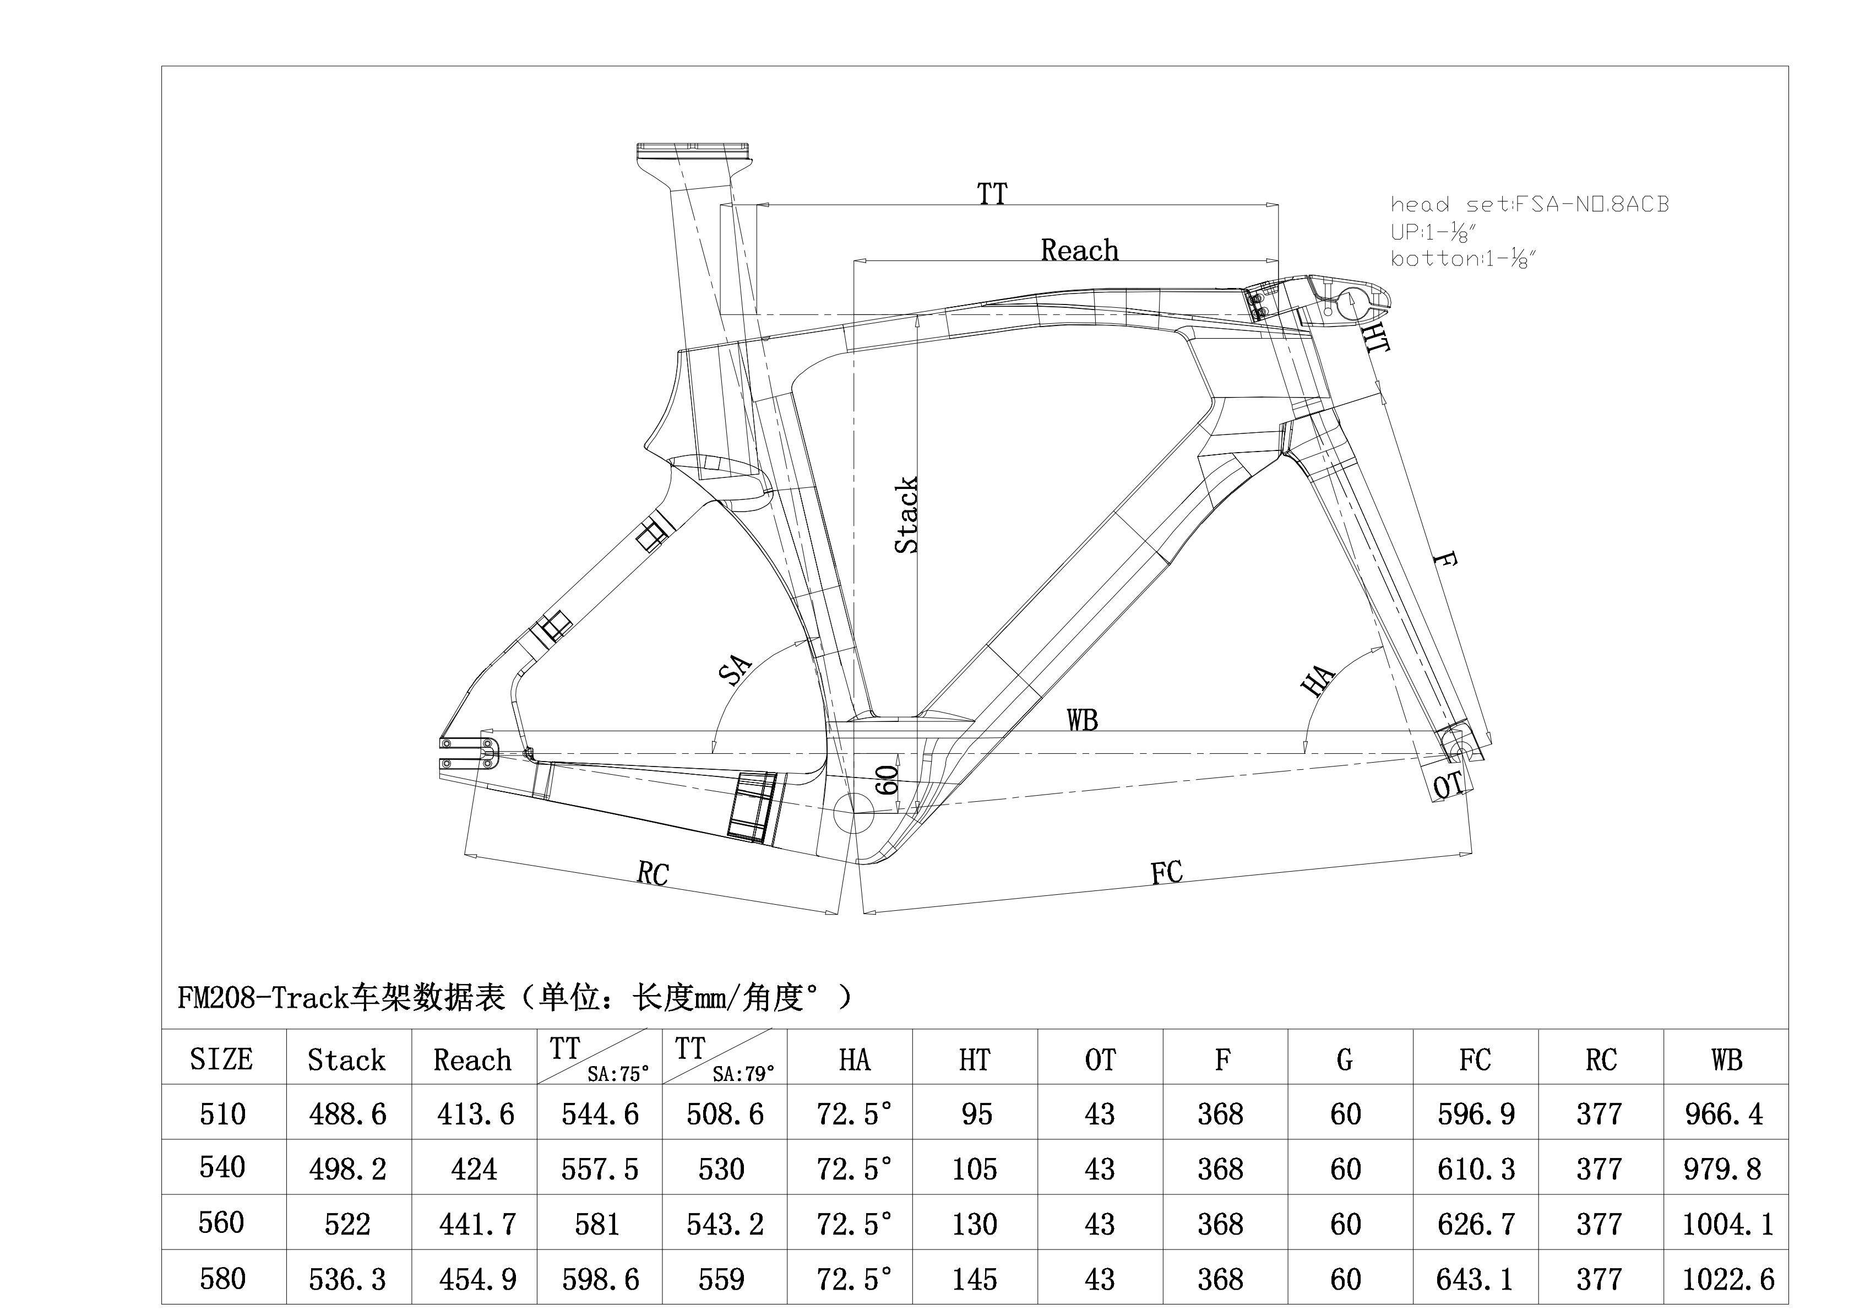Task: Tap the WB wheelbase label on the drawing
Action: (x=1082, y=720)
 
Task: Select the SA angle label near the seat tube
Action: (x=735, y=670)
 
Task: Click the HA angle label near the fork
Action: (x=1318, y=680)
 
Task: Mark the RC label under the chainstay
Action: (x=653, y=873)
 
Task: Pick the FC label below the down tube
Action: (x=1166, y=872)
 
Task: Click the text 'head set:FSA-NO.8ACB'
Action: (x=1529, y=204)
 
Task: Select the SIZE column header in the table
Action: (x=221, y=1059)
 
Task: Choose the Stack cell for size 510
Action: (x=347, y=1114)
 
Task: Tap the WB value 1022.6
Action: (x=1728, y=1279)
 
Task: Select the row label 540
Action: (x=222, y=1167)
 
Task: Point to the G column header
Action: (x=1345, y=1059)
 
